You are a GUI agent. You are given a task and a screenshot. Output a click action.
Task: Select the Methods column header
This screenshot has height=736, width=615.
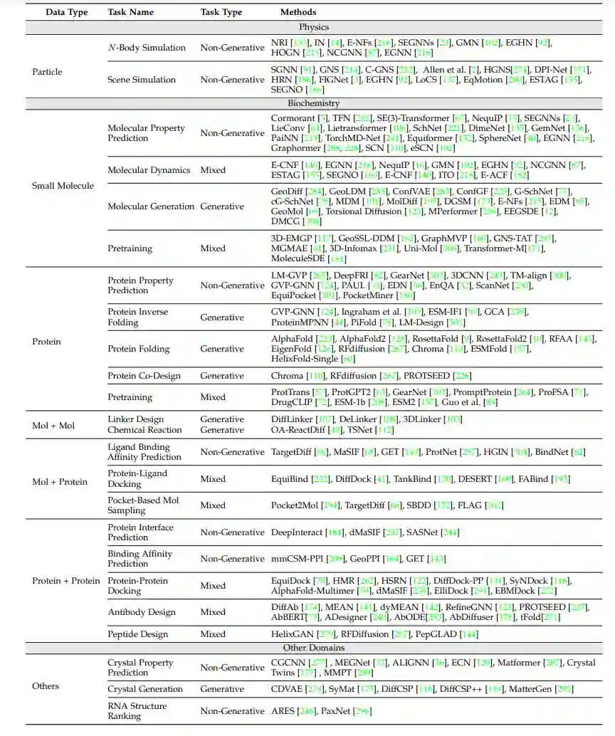[x=298, y=12]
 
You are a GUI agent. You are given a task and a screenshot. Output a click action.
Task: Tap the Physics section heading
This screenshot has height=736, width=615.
[x=314, y=27]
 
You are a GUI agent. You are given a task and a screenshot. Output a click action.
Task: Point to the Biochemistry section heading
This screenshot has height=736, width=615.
[x=314, y=103]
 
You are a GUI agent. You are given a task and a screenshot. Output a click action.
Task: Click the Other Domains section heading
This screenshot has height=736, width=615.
[x=314, y=648]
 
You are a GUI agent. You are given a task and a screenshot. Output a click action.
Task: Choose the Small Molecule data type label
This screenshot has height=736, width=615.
[x=63, y=186]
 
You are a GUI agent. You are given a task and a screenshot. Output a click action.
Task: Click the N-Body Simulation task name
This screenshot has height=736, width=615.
[x=147, y=48]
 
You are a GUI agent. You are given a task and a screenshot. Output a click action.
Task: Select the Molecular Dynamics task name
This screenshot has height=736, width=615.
[x=149, y=170]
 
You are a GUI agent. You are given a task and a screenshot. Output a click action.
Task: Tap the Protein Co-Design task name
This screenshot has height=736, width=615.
[x=144, y=376]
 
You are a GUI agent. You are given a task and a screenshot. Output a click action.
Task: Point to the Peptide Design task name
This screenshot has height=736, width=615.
[x=138, y=634]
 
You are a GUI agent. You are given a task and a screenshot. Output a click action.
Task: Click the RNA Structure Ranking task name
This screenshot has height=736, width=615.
[x=137, y=710]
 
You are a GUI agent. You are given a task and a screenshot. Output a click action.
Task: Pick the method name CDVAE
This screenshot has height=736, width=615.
[x=286, y=689]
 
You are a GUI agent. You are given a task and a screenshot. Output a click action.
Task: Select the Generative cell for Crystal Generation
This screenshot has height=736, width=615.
[x=222, y=689]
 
